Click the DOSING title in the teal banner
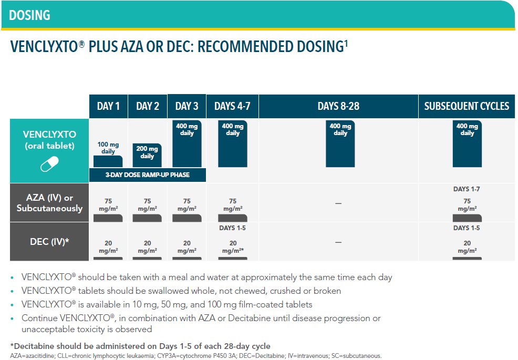click(x=29, y=15)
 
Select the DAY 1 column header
click(x=108, y=106)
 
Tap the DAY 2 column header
click(x=148, y=106)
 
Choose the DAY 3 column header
click(x=187, y=106)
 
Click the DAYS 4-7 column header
click(x=232, y=106)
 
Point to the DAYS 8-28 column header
click(x=338, y=106)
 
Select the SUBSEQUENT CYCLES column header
click(x=467, y=106)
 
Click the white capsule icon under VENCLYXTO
click(x=49, y=165)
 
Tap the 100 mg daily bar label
click(x=108, y=148)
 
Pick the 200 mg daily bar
click(x=148, y=155)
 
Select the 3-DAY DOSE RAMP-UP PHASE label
click(x=147, y=175)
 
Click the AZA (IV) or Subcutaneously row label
click(x=49, y=203)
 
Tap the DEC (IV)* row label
click(x=49, y=242)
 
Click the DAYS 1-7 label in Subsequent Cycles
click(x=467, y=189)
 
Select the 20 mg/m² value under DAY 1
click(x=108, y=247)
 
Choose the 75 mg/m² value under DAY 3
click(x=187, y=204)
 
